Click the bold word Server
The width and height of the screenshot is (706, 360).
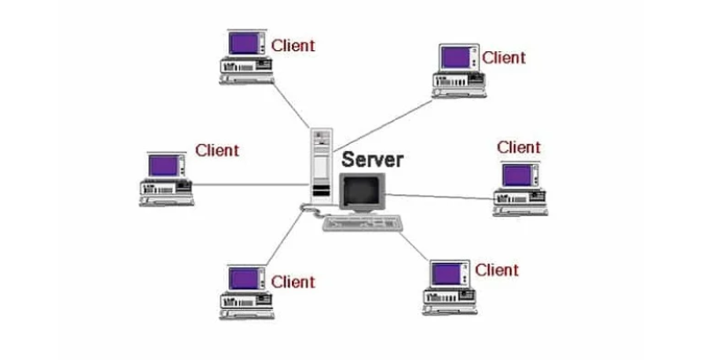click(x=372, y=161)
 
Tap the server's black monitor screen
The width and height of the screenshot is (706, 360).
click(x=361, y=191)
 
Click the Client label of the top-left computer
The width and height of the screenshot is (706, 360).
click(x=294, y=45)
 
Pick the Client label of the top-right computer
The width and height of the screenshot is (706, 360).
click(x=504, y=58)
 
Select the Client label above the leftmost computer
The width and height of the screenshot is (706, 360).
click(x=217, y=150)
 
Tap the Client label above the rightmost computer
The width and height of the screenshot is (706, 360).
click(x=519, y=147)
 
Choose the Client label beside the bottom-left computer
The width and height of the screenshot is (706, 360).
click(x=293, y=282)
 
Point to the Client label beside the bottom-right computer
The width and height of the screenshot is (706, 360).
click(x=497, y=270)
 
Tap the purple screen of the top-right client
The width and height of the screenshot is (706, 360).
click(x=454, y=57)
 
